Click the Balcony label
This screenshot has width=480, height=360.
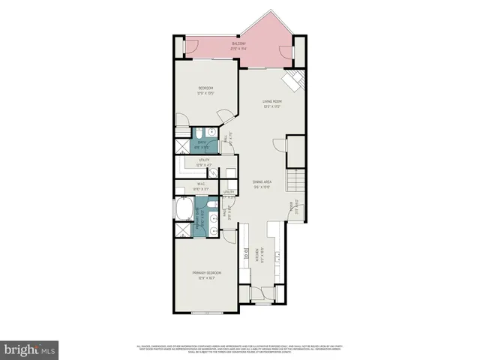point(238,45)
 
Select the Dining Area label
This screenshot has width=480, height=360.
point(260,181)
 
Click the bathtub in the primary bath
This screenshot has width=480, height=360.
point(183,208)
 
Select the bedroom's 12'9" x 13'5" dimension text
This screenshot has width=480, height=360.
point(205,94)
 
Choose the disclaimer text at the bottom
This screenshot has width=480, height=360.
point(239,347)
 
